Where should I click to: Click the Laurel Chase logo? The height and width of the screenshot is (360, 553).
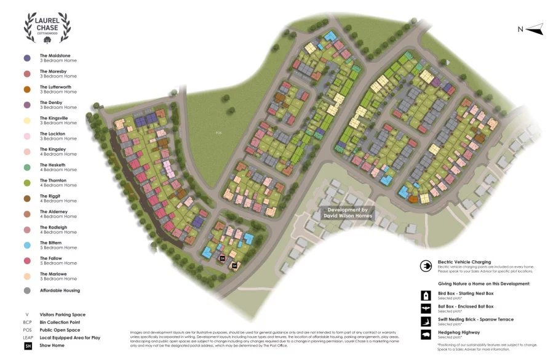click(x=47, y=28)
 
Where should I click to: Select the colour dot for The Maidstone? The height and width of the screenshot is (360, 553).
click(x=27, y=58)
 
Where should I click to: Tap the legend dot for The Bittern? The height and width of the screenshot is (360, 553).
click(x=27, y=245)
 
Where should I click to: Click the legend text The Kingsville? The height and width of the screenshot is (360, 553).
click(x=54, y=118)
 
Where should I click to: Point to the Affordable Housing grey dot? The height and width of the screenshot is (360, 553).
click(x=27, y=290)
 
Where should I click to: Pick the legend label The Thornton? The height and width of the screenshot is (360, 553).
click(x=54, y=180)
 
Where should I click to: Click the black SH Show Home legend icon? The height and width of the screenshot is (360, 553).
click(x=27, y=346)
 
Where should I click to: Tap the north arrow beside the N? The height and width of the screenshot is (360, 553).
click(x=535, y=28)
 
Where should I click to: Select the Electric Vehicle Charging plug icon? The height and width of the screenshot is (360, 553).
click(x=425, y=266)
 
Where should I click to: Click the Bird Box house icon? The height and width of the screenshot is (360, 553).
click(x=425, y=296)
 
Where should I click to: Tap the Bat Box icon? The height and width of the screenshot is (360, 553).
click(x=425, y=309)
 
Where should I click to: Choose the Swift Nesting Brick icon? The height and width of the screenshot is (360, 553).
click(x=425, y=322)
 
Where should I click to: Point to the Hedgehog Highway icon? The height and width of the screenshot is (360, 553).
click(x=425, y=335)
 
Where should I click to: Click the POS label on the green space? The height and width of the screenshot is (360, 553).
click(x=218, y=132)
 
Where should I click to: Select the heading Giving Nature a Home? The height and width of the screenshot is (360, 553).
click(x=483, y=284)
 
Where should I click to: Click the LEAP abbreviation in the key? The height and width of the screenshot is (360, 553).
click(x=27, y=338)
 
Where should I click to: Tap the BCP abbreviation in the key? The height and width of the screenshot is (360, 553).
click(x=27, y=322)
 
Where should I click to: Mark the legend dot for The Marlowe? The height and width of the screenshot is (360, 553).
click(x=27, y=276)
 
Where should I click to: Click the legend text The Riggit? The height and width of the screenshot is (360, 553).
click(x=50, y=196)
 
